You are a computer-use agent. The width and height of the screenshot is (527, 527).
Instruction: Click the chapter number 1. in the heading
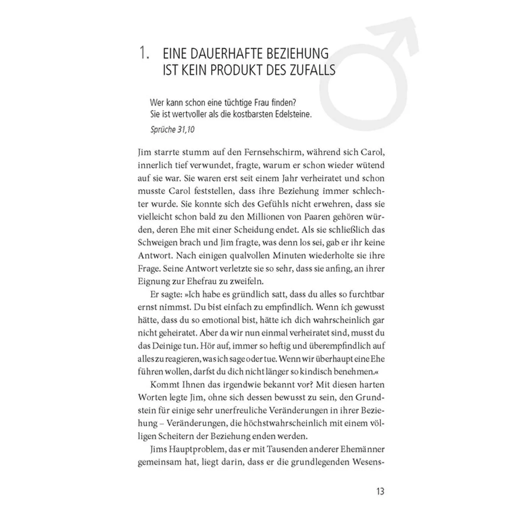pos(144,53)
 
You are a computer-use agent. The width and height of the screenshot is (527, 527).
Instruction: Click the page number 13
pos(380,491)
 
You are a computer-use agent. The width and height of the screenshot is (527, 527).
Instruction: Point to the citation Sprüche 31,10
pos(172,129)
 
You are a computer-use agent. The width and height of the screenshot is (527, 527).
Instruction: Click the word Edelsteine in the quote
pos(292,114)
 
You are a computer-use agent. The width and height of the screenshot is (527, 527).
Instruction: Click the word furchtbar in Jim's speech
pos(367,294)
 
